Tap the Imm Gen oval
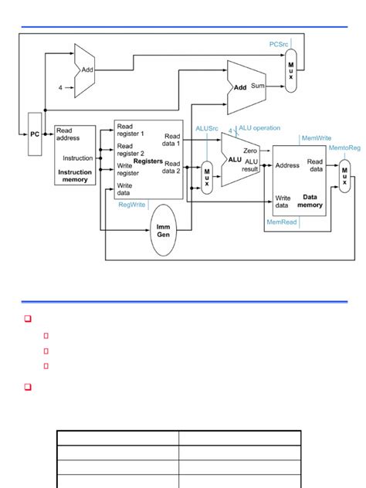[x=163, y=229]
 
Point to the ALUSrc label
[x=208, y=129]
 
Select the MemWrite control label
[x=317, y=138]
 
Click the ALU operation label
[x=260, y=128]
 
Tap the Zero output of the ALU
[x=250, y=151]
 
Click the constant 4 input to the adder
[x=59, y=88]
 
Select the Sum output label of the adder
[x=258, y=87]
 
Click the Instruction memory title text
[x=76, y=176]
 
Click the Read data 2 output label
[x=171, y=168]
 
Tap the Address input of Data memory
[x=287, y=165]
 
